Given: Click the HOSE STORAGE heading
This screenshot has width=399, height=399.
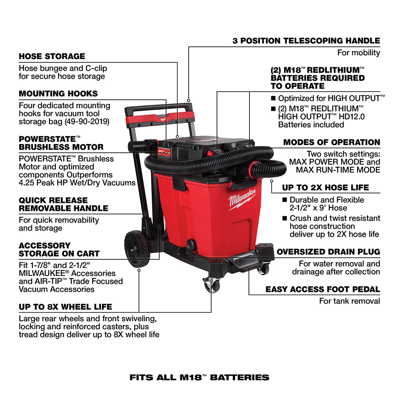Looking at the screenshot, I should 52,56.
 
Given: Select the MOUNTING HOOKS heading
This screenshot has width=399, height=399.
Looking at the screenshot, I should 58,94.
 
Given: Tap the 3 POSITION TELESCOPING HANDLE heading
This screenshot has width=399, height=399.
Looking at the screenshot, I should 306,41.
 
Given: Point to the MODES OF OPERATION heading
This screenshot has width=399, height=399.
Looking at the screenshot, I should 332,142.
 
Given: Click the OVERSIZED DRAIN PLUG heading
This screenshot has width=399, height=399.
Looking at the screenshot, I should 328,252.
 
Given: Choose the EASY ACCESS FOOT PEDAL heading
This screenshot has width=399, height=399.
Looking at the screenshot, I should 323,290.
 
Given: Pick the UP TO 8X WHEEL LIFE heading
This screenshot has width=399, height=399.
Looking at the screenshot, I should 65,307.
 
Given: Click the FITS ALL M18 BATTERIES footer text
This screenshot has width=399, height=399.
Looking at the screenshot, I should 199,377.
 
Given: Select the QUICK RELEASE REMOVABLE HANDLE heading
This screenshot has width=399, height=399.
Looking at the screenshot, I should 63,204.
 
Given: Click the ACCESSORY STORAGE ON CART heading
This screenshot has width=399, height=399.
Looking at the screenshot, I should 59,249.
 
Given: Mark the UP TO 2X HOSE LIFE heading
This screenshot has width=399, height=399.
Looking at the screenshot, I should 331,188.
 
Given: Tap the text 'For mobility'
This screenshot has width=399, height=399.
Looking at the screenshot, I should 359,53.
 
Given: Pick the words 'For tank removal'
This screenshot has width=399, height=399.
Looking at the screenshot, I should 350,301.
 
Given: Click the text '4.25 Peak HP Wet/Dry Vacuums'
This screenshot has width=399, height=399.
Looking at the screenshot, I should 77,183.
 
